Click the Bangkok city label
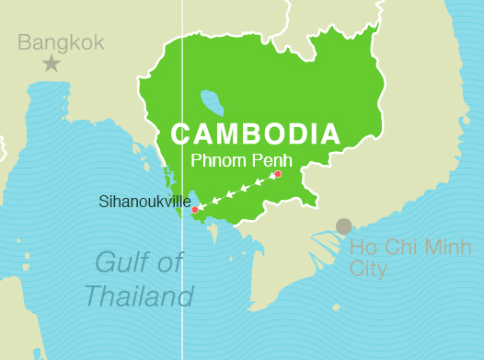(61, 42)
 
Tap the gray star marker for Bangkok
(52, 64)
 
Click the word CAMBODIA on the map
(255, 134)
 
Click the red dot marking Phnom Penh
(277, 174)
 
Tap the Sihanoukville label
(144, 201)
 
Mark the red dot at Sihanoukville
(194, 210)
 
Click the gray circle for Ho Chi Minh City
(343, 226)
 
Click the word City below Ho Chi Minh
(367, 270)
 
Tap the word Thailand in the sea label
(139, 296)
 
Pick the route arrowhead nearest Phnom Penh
(260, 181)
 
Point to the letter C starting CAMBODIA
(181, 134)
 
